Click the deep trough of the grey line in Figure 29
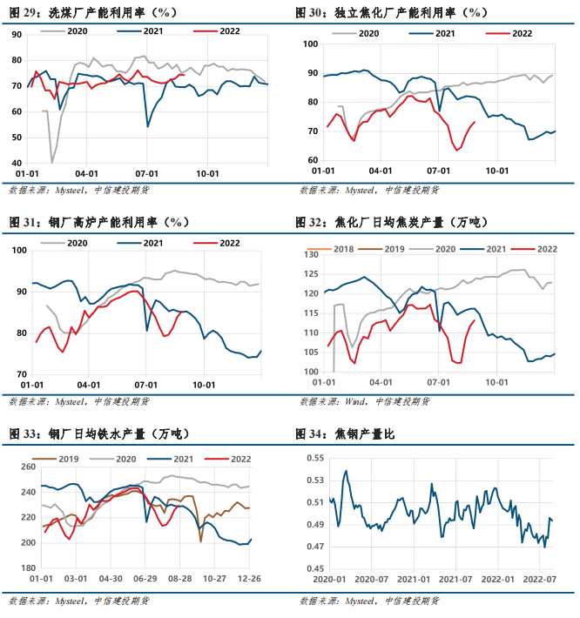tap(52, 162)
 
